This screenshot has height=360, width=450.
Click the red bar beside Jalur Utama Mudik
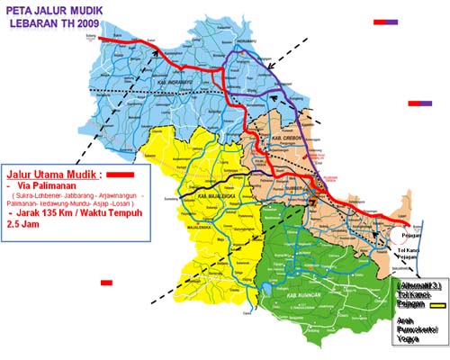point(121,170)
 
